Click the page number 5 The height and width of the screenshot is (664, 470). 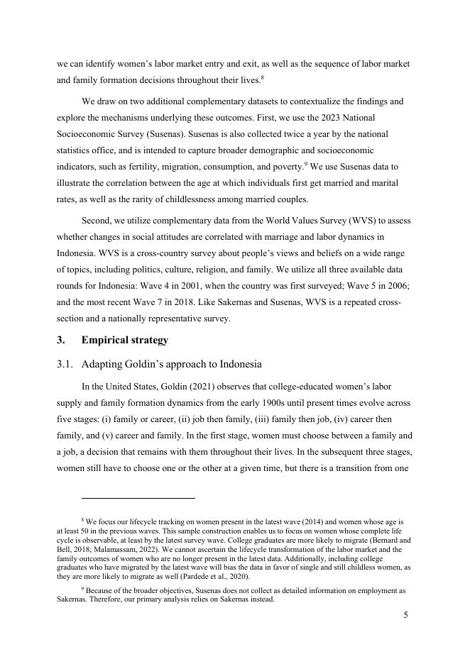pyautogui.click(x=405, y=615)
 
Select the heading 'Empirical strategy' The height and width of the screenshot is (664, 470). pyautogui.click(x=124, y=340)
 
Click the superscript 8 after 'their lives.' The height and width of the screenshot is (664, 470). pyautogui.click(x=263, y=78)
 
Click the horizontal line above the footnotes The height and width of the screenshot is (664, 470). pyautogui.click(x=138, y=498)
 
